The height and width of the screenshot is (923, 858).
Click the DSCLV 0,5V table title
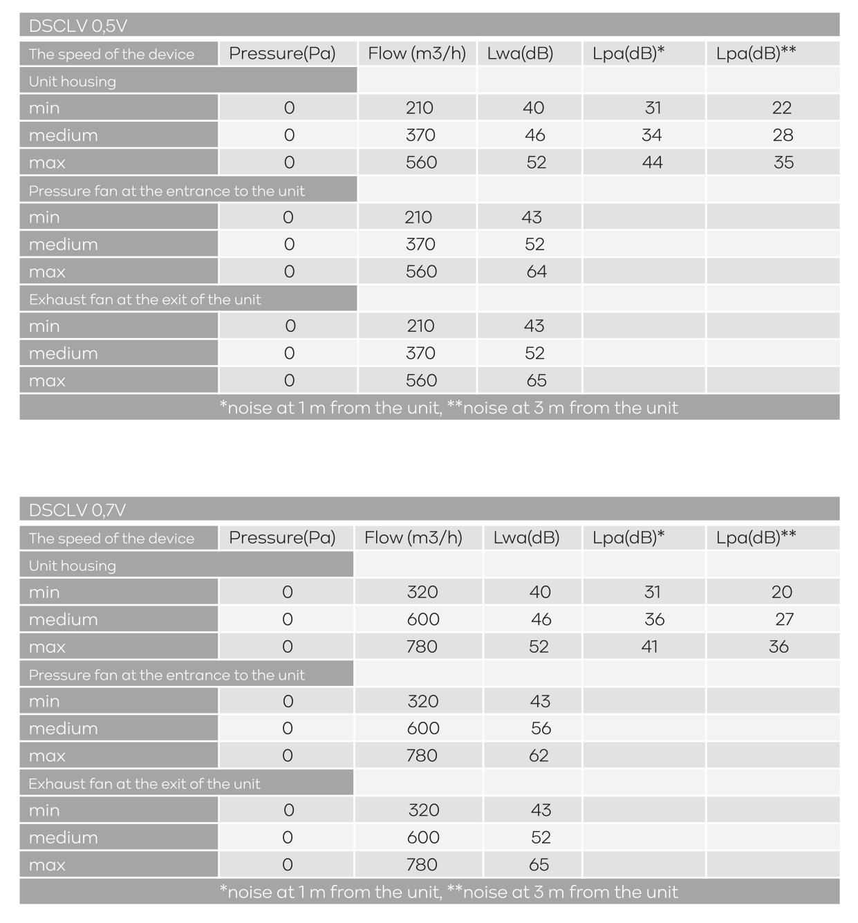78,26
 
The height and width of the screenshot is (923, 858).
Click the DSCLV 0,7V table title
77,510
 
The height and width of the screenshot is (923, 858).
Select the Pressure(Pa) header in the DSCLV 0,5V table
282,53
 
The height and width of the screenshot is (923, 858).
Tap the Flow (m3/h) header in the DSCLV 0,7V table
413,537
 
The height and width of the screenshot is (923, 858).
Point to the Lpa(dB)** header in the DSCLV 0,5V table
756,53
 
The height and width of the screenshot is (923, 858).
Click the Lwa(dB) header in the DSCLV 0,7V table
526,537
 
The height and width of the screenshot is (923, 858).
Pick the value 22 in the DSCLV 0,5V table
782,108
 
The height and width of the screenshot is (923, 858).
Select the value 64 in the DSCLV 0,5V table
537,272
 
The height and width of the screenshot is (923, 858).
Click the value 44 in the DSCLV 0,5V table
652,162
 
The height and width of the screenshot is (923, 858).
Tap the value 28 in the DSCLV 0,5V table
783,136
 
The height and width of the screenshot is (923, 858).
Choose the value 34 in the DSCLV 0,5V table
652,136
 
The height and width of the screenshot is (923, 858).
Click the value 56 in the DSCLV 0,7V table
541,728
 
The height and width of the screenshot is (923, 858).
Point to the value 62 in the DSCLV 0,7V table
539,756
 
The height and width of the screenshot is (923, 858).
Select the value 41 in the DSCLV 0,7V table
649,646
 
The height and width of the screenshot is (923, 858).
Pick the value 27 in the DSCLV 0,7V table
784,619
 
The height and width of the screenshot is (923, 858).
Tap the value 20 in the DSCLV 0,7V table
782,592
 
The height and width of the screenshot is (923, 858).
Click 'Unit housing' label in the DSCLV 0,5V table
73,81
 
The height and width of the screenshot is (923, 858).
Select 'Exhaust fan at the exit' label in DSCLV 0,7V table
144,783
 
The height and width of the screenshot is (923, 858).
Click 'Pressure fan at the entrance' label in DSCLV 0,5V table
167,191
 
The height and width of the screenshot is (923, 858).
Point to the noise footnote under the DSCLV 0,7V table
449,892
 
